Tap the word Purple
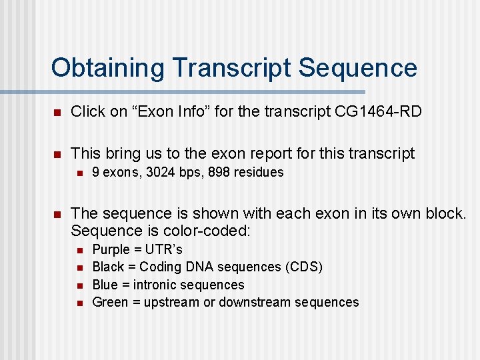pyautogui.click(x=111, y=249)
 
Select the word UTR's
pyautogui.click(x=164, y=249)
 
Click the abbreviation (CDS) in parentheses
pyautogui.click(x=302, y=267)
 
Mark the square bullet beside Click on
pyautogui.click(x=58, y=112)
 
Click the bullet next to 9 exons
pyautogui.click(x=79, y=173)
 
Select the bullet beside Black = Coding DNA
pyautogui.click(x=79, y=267)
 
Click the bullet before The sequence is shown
pyautogui.click(x=58, y=214)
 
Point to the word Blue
pyautogui.click(x=105, y=285)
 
